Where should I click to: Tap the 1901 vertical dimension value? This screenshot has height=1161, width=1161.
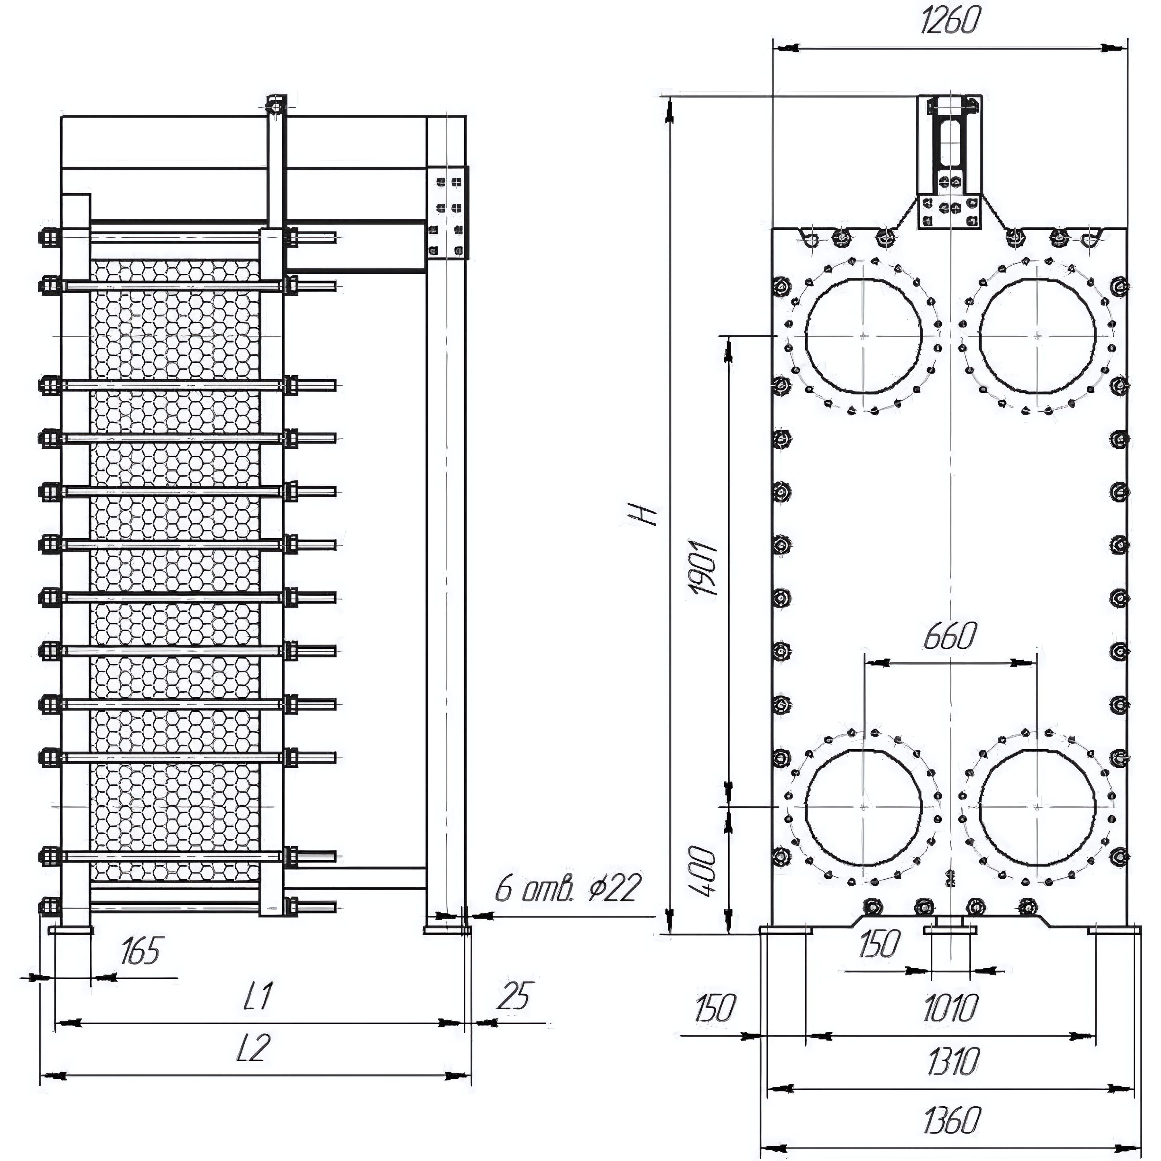coord(704,568)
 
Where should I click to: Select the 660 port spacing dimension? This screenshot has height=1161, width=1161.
coord(950,637)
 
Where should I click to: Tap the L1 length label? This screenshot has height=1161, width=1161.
coord(258,996)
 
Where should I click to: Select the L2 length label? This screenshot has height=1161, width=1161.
coord(252,1049)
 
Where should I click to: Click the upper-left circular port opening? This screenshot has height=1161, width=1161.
coord(864,335)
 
